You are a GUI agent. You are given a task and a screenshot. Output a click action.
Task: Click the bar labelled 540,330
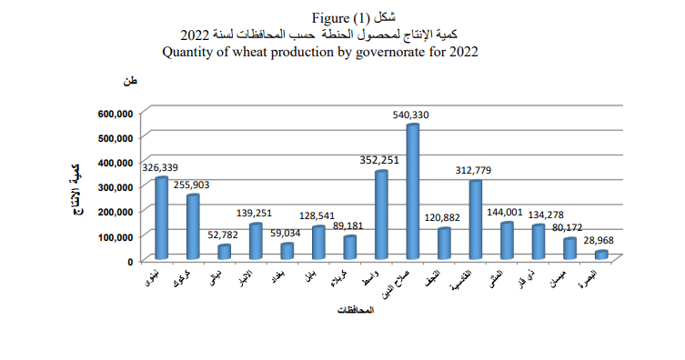(x=412, y=192)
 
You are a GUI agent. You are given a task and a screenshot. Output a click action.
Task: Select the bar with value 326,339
(x=161, y=217)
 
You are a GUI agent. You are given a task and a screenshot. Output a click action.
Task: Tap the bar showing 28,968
(x=601, y=255)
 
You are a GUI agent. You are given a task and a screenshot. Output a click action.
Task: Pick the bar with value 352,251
(x=381, y=214)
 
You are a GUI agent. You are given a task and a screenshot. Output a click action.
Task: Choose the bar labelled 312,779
(x=475, y=219)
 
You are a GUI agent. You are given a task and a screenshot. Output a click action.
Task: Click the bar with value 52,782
(x=224, y=251)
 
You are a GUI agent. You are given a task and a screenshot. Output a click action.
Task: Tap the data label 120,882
(x=443, y=217)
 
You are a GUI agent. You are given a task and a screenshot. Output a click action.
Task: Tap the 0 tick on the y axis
(x=130, y=261)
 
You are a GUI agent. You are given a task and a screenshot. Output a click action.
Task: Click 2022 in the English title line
(x=459, y=52)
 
